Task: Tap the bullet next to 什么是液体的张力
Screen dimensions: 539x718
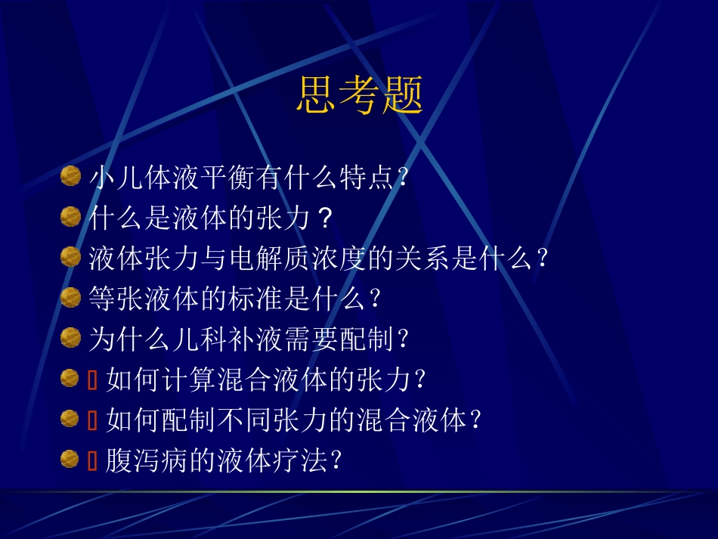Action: click(x=70, y=218)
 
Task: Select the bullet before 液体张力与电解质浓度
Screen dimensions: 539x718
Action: click(x=70, y=258)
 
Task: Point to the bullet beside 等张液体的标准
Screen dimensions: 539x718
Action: click(x=70, y=298)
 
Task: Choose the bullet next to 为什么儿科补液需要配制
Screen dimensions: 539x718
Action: click(x=70, y=338)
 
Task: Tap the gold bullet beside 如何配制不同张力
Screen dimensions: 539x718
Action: click(x=70, y=418)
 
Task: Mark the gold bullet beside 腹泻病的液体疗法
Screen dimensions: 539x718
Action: click(x=70, y=458)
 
